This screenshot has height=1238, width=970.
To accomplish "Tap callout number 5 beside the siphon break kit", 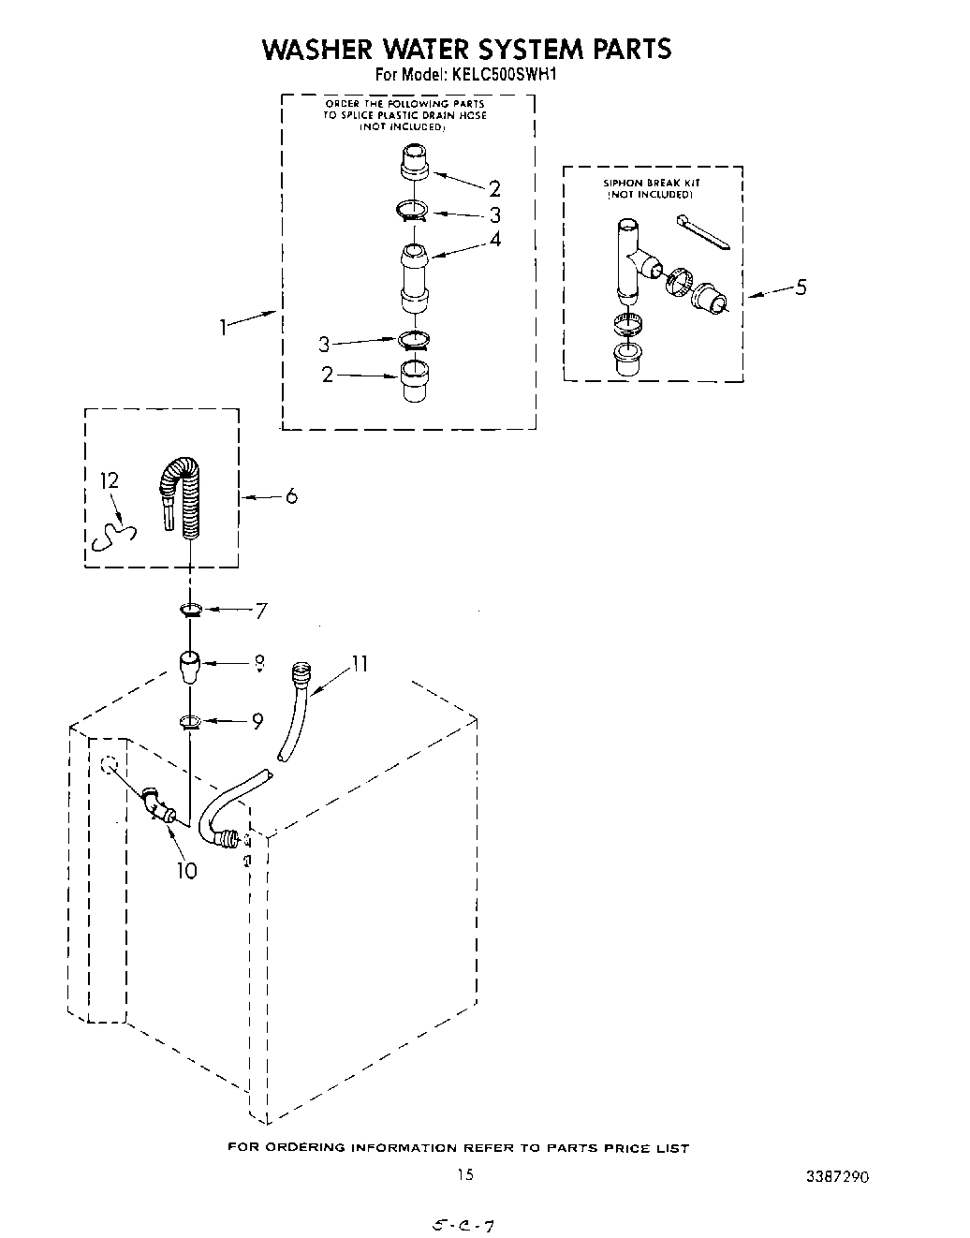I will click(801, 287).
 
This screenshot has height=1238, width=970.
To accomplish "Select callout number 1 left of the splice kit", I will click(223, 327).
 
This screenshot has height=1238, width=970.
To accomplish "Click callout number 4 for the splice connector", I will click(495, 239).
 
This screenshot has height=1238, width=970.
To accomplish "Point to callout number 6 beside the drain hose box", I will click(291, 495).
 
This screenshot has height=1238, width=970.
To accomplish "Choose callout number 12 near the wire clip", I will click(110, 480).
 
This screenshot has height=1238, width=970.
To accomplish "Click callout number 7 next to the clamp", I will click(261, 611).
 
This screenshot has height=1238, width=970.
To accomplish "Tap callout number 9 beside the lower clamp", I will click(257, 721).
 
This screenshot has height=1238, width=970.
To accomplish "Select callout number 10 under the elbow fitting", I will click(186, 870).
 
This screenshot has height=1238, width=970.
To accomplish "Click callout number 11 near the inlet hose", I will click(359, 664).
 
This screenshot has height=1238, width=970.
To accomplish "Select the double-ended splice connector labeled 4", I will click(414, 276).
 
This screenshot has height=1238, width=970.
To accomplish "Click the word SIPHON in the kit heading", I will click(621, 183).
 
